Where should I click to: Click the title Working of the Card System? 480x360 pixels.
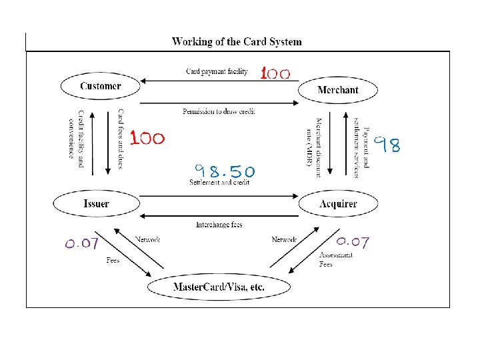[x=237, y=41]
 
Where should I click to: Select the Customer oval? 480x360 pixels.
[x=101, y=86]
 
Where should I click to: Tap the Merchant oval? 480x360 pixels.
[x=338, y=90]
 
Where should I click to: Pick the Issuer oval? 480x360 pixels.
[x=97, y=203]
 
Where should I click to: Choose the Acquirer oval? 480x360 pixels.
[x=338, y=203]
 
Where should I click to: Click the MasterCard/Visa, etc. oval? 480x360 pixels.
[x=219, y=287]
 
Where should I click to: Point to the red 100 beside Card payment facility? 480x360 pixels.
[x=275, y=73]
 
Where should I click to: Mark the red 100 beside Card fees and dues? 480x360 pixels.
[x=147, y=139]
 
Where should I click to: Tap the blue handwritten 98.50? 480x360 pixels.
[x=224, y=171]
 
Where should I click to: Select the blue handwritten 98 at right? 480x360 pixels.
[x=387, y=145]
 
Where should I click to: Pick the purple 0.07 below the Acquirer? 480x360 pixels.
[x=353, y=241]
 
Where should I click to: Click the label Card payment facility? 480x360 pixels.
[x=217, y=72]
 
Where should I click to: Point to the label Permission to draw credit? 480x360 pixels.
[x=219, y=111]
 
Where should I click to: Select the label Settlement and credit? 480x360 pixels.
[x=219, y=182]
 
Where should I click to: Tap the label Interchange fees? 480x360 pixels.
[x=219, y=225]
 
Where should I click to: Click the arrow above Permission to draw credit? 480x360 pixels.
[x=219, y=103]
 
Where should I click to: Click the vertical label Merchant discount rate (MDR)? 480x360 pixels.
[x=314, y=147]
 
